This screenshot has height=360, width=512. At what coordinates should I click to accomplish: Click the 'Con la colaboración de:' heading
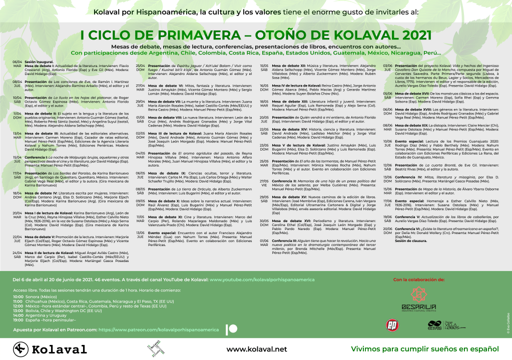pos(419,279)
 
